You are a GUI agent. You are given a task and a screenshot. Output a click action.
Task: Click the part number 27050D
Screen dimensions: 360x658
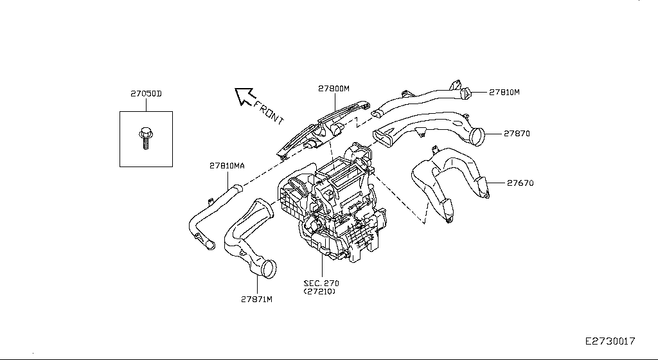pyautogui.click(x=146, y=94)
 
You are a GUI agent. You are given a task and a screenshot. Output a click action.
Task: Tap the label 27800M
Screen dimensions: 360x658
pyautogui.click(x=333, y=89)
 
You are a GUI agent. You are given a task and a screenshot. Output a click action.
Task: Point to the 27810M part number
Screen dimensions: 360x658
pyautogui.click(x=504, y=92)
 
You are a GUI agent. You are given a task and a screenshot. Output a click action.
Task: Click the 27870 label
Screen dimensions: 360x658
pyautogui.click(x=517, y=134)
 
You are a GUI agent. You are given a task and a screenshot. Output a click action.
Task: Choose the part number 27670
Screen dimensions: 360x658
pyautogui.click(x=520, y=183)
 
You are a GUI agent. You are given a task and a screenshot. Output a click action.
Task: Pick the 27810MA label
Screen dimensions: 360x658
pyautogui.click(x=227, y=165)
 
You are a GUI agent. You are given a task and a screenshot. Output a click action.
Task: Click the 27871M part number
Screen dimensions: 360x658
pyautogui.click(x=257, y=300)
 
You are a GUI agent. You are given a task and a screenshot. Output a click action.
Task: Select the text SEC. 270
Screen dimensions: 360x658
pyautogui.click(x=321, y=283)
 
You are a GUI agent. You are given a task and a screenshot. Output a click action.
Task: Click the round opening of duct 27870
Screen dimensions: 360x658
pyautogui.click(x=477, y=137)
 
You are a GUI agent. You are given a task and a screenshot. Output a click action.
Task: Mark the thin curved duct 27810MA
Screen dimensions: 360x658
pyautogui.click(x=212, y=212)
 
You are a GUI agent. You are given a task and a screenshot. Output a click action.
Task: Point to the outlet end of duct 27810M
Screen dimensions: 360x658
pyautogui.click(x=465, y=93)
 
